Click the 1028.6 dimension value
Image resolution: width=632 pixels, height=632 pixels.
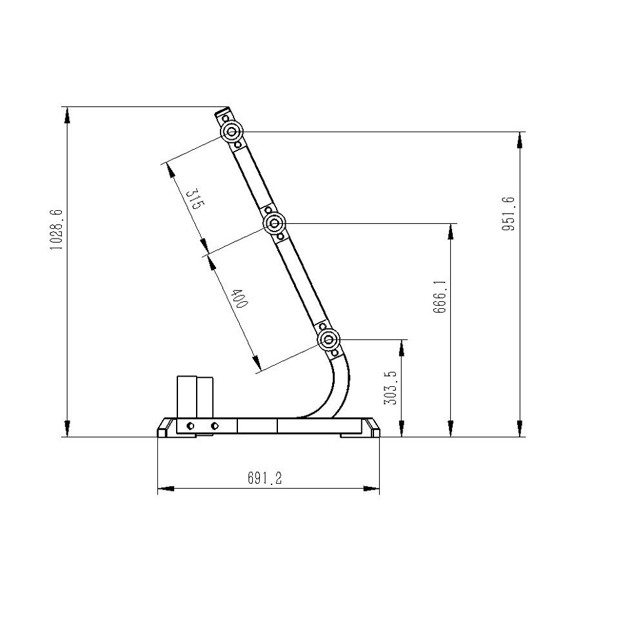point(56,230)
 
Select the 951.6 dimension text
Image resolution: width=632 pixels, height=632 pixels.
point(508,213)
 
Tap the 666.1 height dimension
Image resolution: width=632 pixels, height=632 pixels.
point(440,296)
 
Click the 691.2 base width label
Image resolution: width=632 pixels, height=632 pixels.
point(265,478)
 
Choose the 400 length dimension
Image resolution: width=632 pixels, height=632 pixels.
point(239,298)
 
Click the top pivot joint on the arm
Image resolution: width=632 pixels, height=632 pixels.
point(232,132)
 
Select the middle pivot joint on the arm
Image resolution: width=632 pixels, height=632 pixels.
point(274,222)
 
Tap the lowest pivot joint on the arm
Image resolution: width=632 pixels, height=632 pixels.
point(329,340)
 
